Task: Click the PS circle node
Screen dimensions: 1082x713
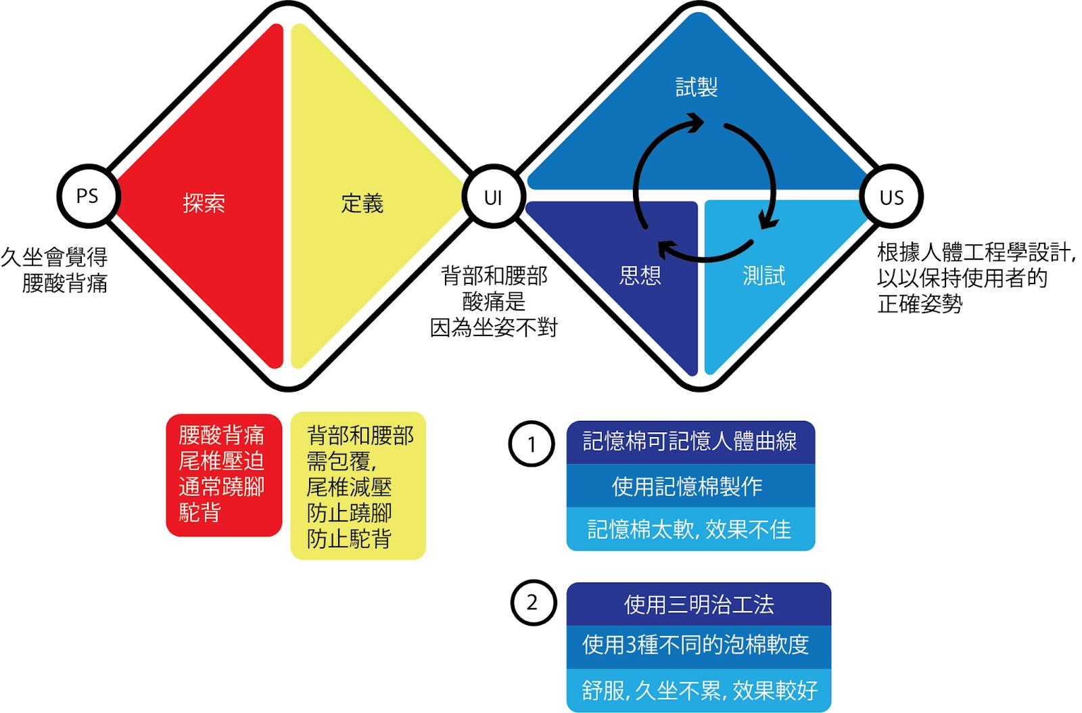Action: pyautogui.click(x=87, y=196)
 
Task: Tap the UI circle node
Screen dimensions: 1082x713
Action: pyautogui.click(x=493, y=197)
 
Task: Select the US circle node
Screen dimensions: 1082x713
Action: pyautogui.click(x=891, y=197)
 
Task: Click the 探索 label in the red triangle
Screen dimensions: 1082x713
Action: pyautogui.click(x=204, y=203)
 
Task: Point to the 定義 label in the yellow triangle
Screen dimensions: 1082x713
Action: pyautogui.click(x=362, y=203)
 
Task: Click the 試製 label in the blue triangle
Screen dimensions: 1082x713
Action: pyautogui.click(x=697, y=87)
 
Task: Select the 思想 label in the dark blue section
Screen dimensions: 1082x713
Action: pyautogui.click(x=640, y=275)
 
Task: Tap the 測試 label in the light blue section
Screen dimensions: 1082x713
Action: pyautogui.click(x=763, y=275)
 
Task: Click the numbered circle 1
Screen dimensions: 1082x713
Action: pyautogui.click(x=532, y=444)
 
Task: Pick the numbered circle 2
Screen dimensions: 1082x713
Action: pyautogui.click(x=532, y=602)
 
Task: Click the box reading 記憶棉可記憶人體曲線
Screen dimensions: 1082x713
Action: pyautogui.click(x=690, y=442)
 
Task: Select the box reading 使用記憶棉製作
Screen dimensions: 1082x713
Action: pyautogui.click(x=690, y=486)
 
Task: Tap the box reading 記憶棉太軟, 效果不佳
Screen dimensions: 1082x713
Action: pyautogui.click(x=690, y=529)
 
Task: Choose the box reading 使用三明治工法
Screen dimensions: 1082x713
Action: pyautogui.click(x=699, y=603)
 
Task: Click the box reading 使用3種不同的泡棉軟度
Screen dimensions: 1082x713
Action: pyautogui.click(x=699, y=645)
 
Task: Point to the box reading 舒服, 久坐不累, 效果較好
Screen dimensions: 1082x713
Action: pyautogui.click(x=699, y=690)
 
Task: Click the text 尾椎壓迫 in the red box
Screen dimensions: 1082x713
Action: pyautogui.click(x=221, y=461)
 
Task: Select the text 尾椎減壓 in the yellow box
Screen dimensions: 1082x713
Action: pyautogui.click(x=349, y=487)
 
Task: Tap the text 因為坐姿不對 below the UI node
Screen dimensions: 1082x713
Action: pyautogui.click(x=494, y=328)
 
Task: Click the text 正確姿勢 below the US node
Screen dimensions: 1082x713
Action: pyautogui.click(x=920, y=304)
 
